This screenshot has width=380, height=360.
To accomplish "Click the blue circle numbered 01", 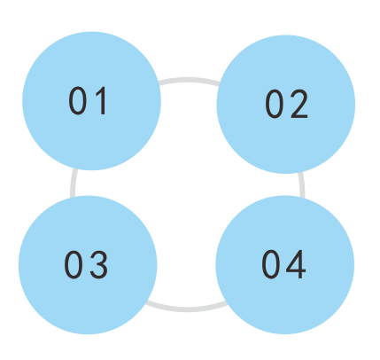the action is coord(91,101).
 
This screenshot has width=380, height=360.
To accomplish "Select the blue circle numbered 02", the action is coord(286,104).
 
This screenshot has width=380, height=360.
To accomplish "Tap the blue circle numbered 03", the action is coord(88,265).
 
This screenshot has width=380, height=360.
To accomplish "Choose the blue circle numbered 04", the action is coord(285,265).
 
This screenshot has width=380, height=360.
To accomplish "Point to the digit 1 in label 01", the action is coord(102,101).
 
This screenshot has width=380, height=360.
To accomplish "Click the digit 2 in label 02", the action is coord(298,104).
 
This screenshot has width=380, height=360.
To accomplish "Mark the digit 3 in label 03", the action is coord(99,264).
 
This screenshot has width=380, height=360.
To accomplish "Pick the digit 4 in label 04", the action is coord(296,264).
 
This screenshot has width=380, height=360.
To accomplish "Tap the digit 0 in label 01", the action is coord(77,101).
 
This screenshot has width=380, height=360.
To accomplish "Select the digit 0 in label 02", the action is coord(274,104).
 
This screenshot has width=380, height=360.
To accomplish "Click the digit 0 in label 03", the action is coord(73,264).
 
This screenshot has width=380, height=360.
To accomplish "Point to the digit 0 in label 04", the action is coord(270,264).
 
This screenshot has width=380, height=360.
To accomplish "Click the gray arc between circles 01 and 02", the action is coord(189,80).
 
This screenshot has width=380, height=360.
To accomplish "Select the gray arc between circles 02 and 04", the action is coord(302,185).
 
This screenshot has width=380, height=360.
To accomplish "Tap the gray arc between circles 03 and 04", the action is coord(187,309).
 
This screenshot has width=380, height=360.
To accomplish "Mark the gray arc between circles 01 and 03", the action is coord(74,184).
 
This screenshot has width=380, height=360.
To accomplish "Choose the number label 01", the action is coord(87,101).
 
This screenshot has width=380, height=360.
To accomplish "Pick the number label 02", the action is coord(287,104).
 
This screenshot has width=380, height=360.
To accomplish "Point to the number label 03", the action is coord(86,264).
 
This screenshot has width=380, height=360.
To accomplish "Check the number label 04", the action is coord(283,264).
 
